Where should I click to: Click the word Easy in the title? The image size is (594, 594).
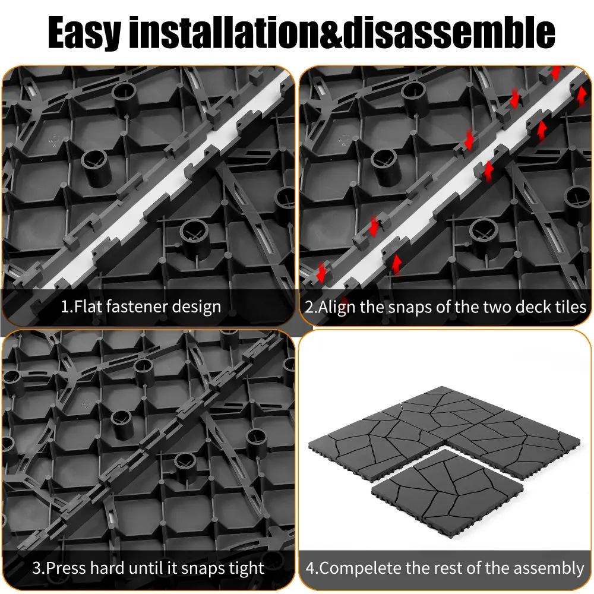coord(84,33)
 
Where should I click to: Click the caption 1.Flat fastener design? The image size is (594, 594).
coord(141,307)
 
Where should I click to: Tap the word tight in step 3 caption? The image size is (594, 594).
coord(246,568)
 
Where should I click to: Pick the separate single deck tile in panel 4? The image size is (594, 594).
coord(448,492)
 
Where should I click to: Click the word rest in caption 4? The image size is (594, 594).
coord(448,568)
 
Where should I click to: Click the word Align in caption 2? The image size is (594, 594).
coord(337,307)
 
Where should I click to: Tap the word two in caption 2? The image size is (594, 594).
coord(497,307)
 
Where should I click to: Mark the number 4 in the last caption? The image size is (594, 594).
coord(310,568)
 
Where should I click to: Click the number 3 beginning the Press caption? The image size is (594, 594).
coord(37,568)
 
